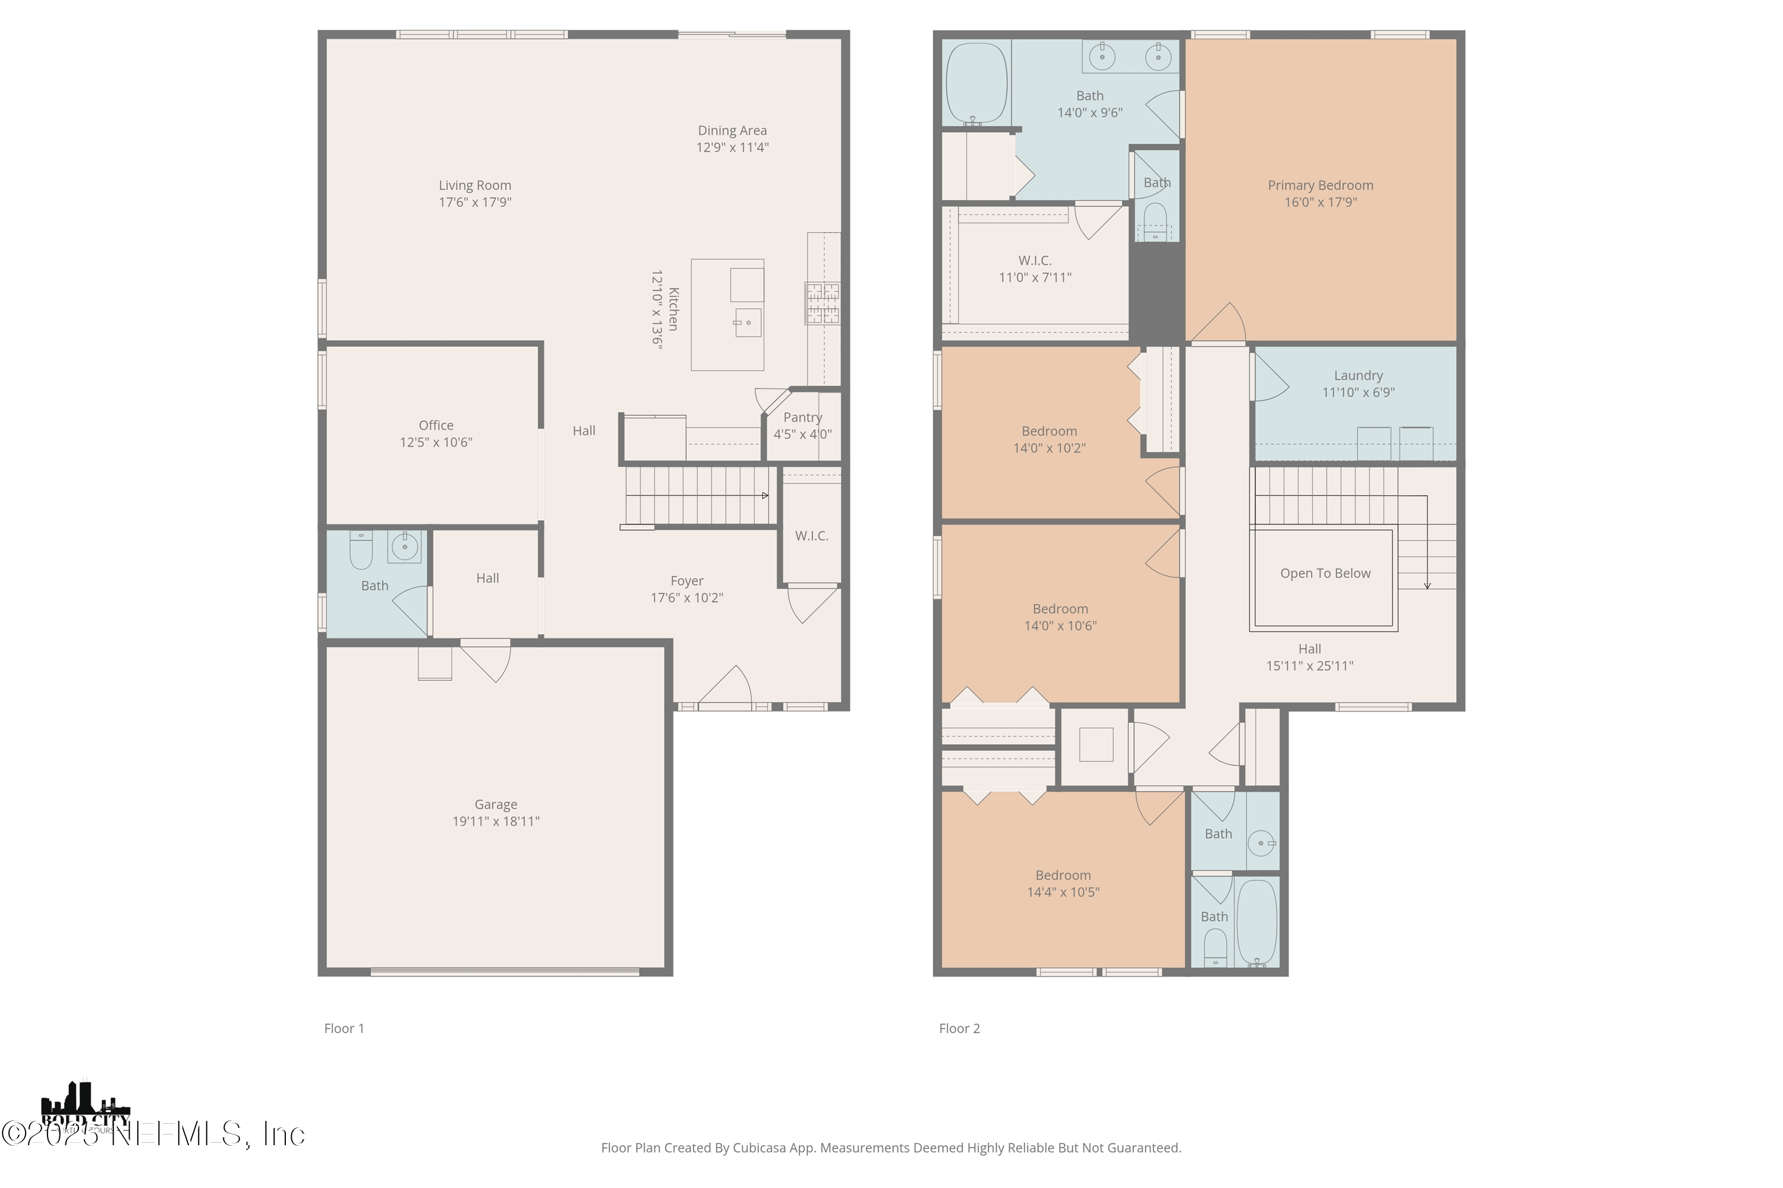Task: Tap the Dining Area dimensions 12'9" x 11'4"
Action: (732, 148)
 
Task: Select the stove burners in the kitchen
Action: (823, 303)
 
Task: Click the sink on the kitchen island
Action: (748, 323)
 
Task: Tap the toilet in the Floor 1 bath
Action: (361, 551)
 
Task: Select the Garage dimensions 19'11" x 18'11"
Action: (496, 822)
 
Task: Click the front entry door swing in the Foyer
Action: (726, 687)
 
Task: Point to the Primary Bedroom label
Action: (1320, 185)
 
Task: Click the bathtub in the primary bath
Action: (976, 83)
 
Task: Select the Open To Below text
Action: (1325, 574)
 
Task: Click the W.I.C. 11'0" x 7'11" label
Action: (1035, 269)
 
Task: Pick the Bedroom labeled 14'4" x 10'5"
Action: (1063, 883)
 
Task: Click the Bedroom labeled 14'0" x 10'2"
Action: (1049, 440)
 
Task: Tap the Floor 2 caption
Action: (959, 1028)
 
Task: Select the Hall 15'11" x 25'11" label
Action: (1309, 658)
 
